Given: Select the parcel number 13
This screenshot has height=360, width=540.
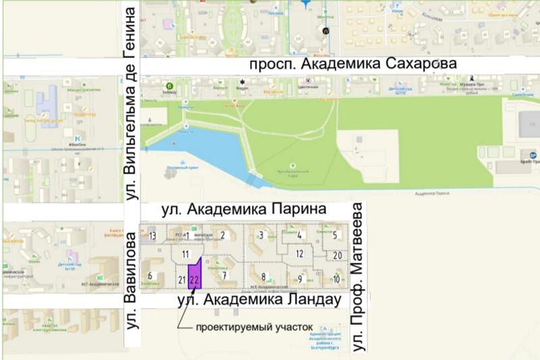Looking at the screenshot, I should click(x=153, y=236).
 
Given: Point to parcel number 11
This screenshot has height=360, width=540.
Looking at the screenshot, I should click(x=186, y=255).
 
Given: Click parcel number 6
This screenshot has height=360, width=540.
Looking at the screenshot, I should click(x=150, y=275).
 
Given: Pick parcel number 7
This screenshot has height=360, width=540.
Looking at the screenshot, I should click(x=223, y=275).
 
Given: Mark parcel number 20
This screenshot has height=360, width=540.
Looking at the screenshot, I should click(x=337, y=255).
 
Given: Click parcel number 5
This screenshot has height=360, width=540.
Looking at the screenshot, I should click(x=335, y=235).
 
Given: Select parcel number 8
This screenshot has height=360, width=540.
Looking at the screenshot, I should click(x=263, y=276).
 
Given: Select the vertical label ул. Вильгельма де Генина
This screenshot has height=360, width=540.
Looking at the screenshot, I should click(x=132, y=101).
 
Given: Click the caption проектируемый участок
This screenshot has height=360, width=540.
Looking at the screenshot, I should click(x=254, y=328).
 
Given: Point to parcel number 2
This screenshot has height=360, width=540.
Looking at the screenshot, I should click(x=222, y=235).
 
